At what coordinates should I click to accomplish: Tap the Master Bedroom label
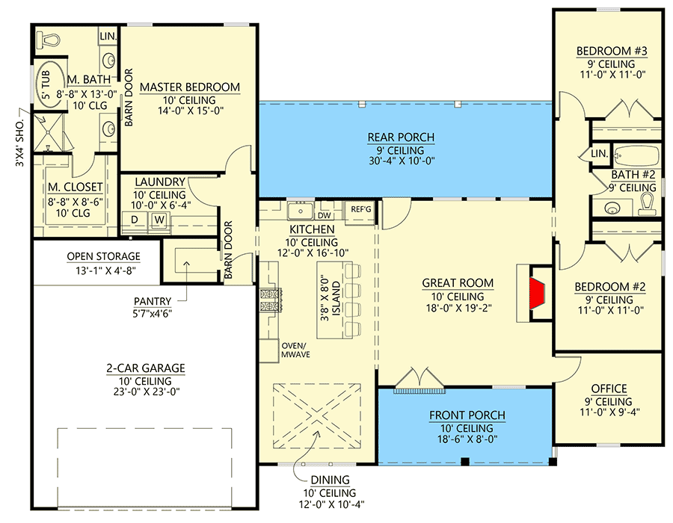tap(189, 87)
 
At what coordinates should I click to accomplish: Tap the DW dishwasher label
tap(325, 214)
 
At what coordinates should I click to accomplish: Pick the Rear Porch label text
tap(401, 137)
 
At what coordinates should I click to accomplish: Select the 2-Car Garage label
tap(145, 368)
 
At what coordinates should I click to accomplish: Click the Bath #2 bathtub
tap(636, 156)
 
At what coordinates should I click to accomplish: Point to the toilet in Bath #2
tap(648, 202)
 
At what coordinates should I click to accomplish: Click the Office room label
tap(609, 389)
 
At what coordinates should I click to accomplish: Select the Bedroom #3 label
tap(611, 52)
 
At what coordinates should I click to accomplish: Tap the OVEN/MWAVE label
tap(295, 350)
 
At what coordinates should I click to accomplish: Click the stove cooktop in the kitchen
tap(268, 300)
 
